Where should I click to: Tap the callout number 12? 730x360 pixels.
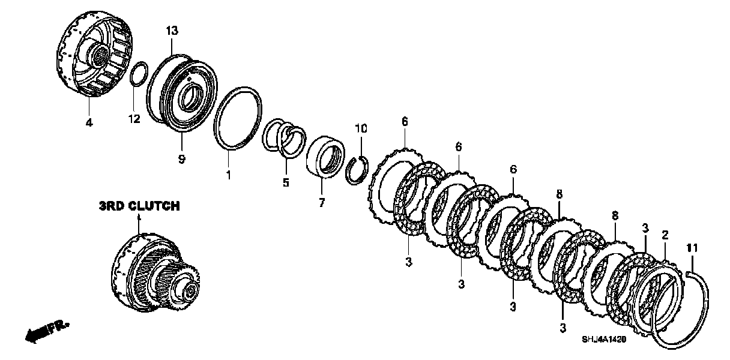tap(134, 119)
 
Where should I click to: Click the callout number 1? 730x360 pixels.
tap(228, 175)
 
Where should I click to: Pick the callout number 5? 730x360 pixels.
tap(286, 181)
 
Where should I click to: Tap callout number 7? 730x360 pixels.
tap(321, 203)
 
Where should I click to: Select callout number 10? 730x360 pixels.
tap(360, 129)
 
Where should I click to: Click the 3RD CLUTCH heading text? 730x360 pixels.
tap(139, 206)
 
